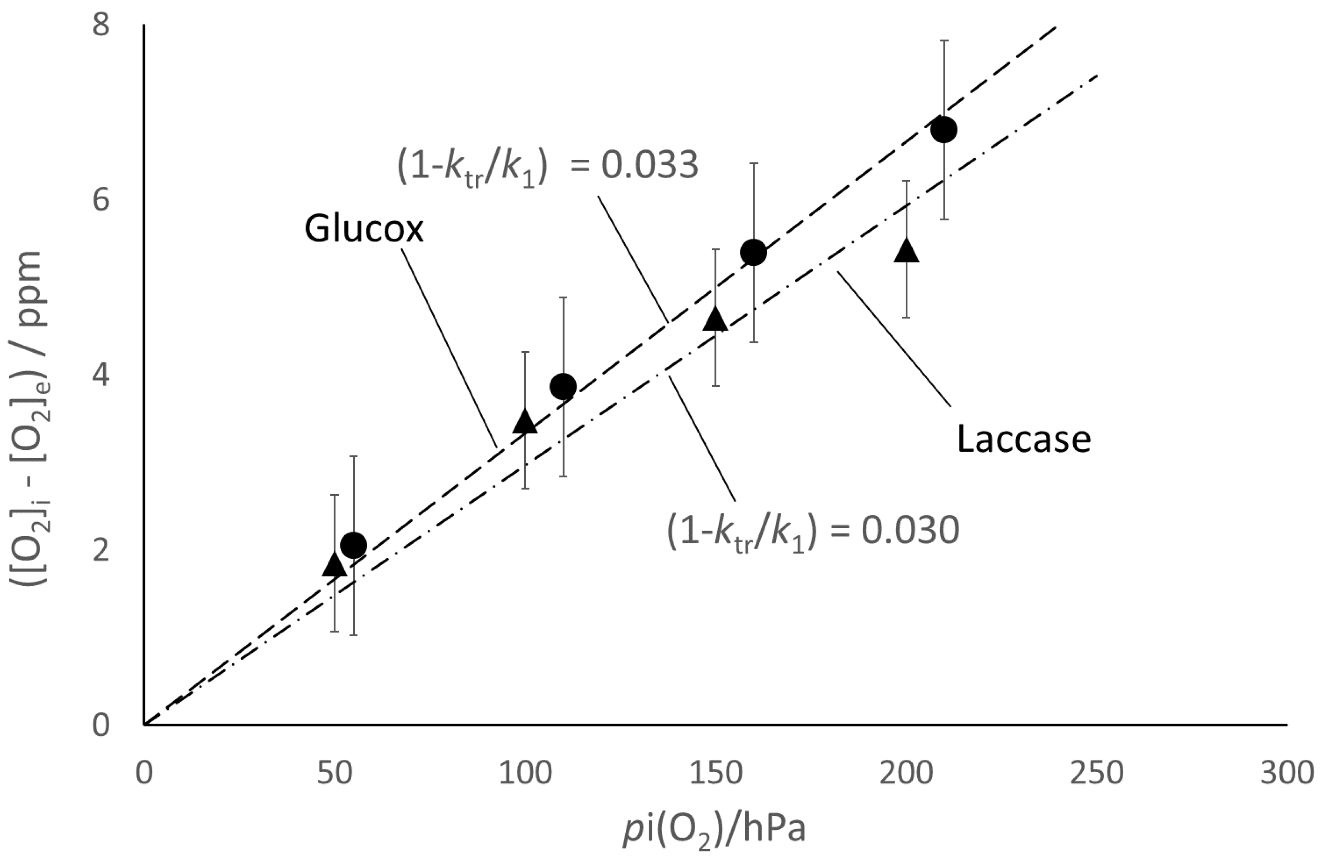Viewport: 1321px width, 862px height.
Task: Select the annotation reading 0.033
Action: (547, 166)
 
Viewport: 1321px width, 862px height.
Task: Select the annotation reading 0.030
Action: (813, 531)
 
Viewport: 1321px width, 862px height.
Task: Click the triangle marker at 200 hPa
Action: (907, 251)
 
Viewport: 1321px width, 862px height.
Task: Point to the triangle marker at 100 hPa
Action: (525, 422)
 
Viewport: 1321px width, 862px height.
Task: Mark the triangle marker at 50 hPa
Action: (334, 565)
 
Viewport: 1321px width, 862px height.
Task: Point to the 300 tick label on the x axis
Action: (1286, 773)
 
